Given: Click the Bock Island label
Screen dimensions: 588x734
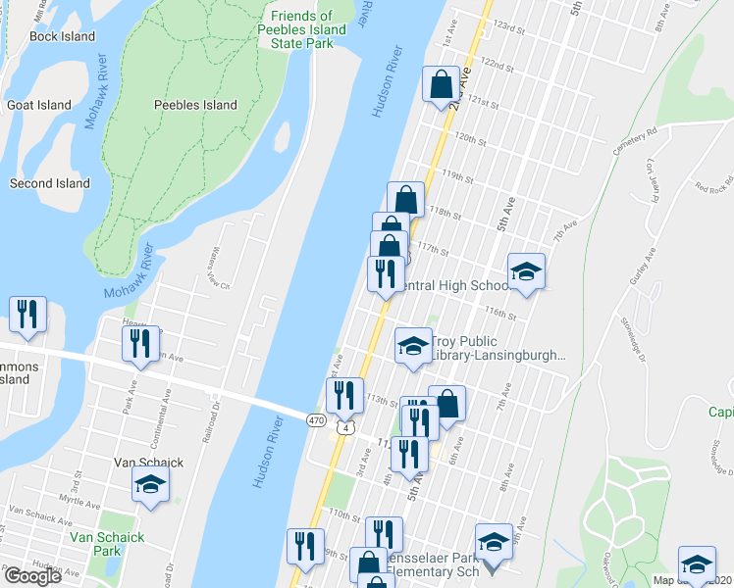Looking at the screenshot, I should point(62,36).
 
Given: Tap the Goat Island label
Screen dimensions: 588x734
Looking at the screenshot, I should point(39,105).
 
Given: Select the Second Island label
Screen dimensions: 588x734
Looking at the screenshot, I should point(49,183).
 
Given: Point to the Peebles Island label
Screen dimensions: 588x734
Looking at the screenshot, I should point(195,105).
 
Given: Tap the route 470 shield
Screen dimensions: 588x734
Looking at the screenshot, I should point(315,420).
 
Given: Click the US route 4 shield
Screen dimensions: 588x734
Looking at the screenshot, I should point(343,428).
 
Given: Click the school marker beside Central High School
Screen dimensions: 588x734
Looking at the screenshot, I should point(526,271).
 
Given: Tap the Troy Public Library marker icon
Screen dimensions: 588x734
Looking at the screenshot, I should point(413,344).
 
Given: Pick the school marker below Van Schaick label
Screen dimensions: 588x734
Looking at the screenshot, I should point(150,483).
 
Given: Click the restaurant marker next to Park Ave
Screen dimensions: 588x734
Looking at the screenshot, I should point(139,344).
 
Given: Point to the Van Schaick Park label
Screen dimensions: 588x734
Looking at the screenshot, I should point(107,544).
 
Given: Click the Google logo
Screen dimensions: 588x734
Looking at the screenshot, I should point(32,576).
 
